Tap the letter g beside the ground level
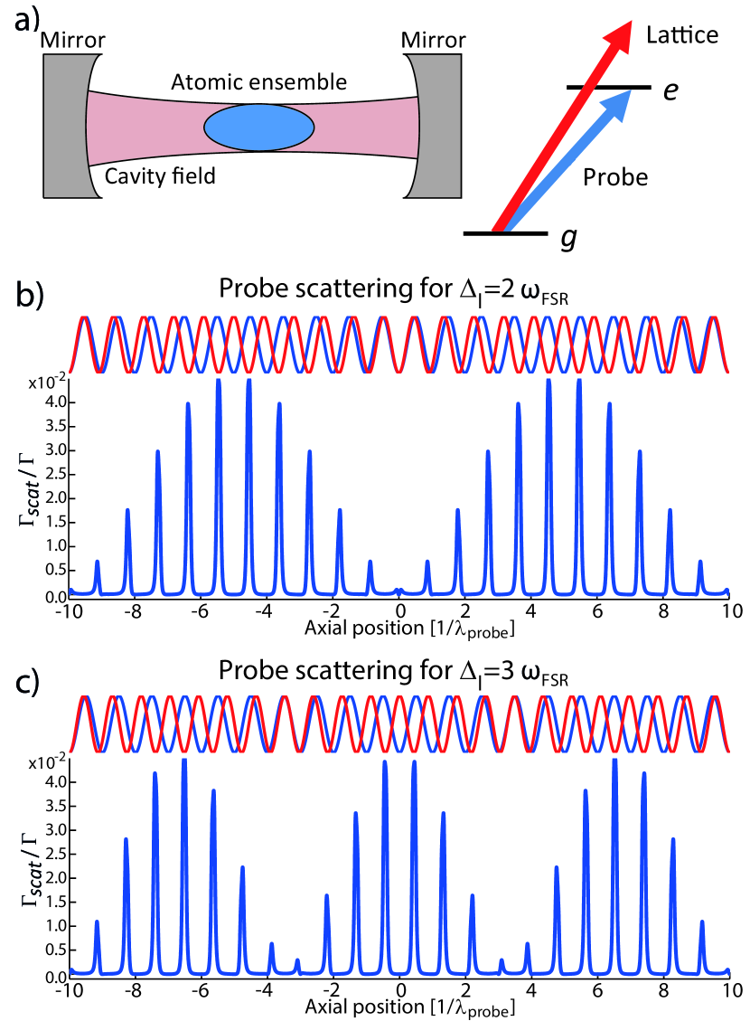(x=567, y=238)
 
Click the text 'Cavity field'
(x=160, y=175)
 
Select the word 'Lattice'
(x=683, y=36)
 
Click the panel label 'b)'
(x=27, y=294)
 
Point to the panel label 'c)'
(x=27, y=674)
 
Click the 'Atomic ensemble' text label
(x=259, y=83)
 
